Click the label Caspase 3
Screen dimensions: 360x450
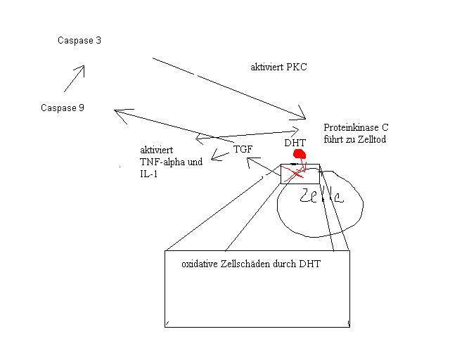(x=79, y=41)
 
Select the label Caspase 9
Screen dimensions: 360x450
(x=63, y=108)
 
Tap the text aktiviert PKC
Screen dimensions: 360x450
(x=278, y=67)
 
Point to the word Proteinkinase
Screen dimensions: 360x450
(x=349, y=128)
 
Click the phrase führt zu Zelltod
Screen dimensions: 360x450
(x=355, y=140)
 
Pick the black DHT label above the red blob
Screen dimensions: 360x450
(x=295, y=143)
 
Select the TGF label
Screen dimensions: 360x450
(x=243, y=149)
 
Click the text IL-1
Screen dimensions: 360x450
(x=149, y=173)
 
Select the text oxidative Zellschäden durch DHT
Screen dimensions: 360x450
(x=251, y=264)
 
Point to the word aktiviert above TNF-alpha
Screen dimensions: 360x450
(x=157, y=150)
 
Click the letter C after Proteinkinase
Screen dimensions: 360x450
(x=385, y=128)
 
